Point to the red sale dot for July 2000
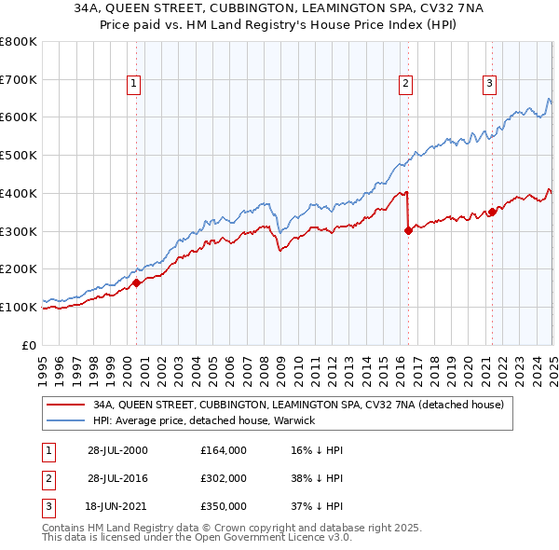(136, 282)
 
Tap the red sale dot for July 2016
(408, 230)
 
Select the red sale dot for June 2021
(492, 212)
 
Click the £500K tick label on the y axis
(19, 155)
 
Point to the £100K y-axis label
(19, 307)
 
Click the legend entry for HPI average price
(204, 420)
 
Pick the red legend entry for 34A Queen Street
(298, 405)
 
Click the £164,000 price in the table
(224, 450)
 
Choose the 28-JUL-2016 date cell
(117, 478)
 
